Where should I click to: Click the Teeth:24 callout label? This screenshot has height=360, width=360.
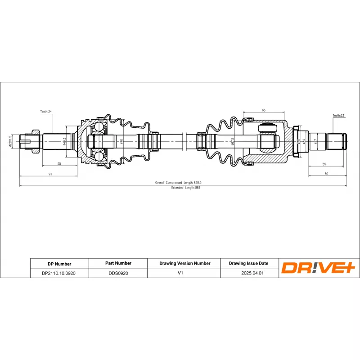(x=46, y=111)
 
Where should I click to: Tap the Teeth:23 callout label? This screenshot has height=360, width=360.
(x=338, y=116)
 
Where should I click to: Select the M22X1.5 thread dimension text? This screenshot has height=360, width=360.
(x=10, y=140)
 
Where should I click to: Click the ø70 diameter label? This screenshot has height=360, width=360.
(x=121, y=141)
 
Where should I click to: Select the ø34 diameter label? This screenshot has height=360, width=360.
(x=304, y=141)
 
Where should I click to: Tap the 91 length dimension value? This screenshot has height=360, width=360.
(x=50, y=174)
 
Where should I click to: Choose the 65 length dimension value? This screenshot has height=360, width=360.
(x=263, y=110)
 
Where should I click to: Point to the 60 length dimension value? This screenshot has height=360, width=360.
(x=326, y=174)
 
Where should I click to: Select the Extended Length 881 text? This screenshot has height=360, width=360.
(x=185, y=188)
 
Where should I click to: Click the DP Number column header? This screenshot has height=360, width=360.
(x=59, y=264)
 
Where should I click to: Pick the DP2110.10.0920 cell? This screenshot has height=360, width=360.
(x=59, y=273)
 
